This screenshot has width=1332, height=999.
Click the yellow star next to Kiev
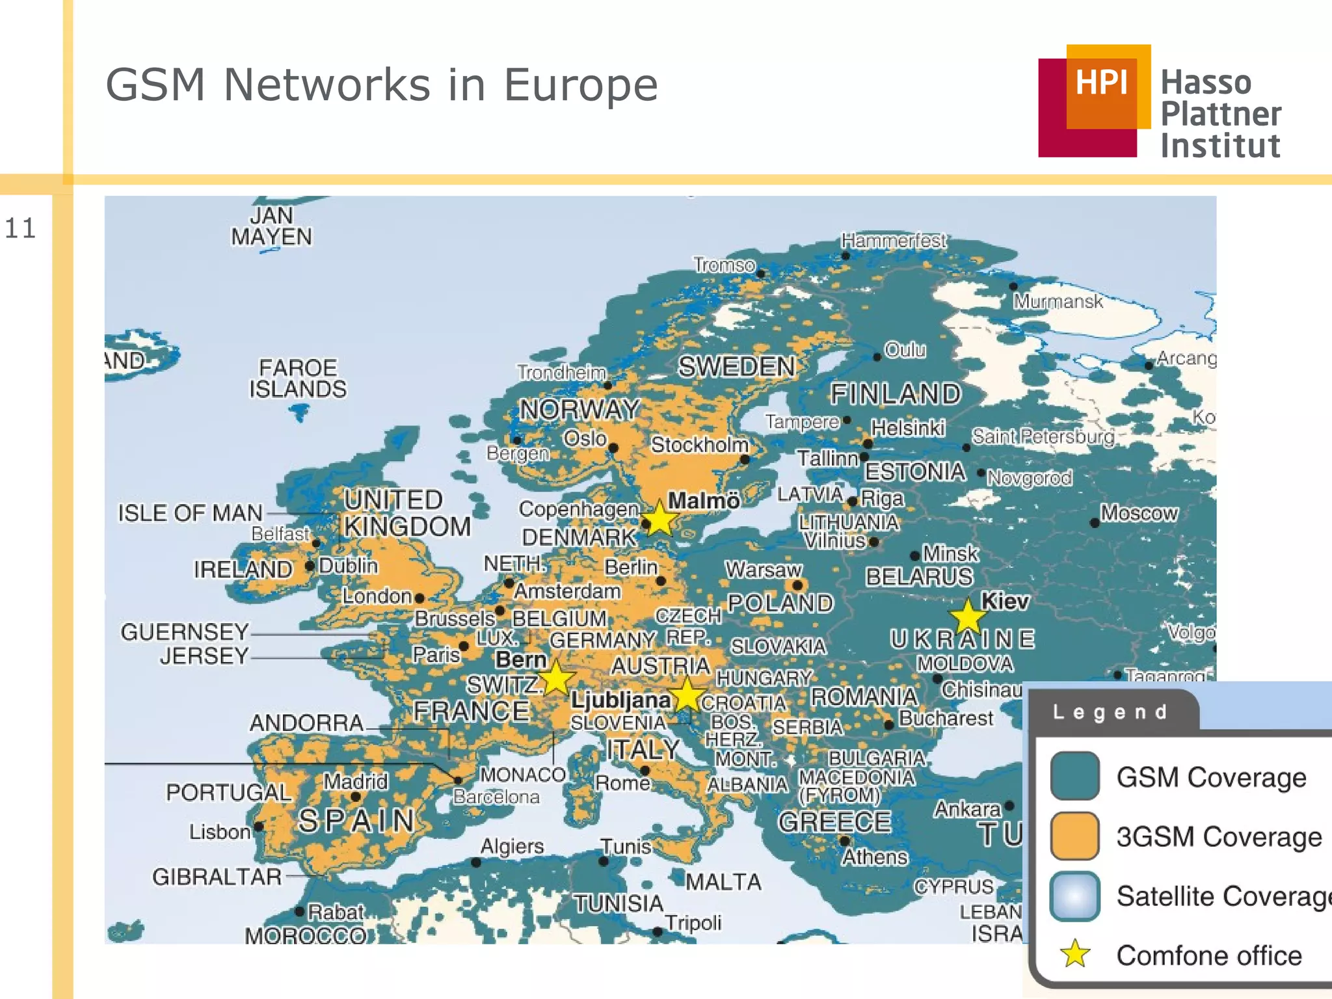pos(968,616)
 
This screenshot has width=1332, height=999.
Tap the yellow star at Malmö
pos(660,519)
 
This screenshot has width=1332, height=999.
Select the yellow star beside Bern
pos(557,678)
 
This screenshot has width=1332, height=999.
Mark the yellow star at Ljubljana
pos(687,695)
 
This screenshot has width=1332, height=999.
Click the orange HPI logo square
pos(1108,86)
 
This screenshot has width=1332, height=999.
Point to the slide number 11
pos(20,228)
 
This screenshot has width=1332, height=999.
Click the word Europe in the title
pos(580,85)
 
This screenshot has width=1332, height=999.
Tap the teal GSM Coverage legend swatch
pos(1074,776)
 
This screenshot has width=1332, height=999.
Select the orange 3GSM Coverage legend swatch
pos(1074,836)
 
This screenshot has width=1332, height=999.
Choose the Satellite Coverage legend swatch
pos(1074,896)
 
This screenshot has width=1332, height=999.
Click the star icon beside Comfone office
pos(1074,954)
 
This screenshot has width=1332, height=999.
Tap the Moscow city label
pos(1139,513)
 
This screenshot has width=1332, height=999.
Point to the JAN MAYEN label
pos(271,226)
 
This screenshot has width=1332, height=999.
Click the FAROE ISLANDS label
pos(298,378)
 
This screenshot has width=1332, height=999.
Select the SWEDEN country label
pos(736,367)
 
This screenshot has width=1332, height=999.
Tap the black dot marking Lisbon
pos(258,827)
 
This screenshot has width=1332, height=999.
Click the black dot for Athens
pos(844,841)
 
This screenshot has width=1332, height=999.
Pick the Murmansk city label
pos(1058,301)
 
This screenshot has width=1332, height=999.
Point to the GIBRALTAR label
pos(217,877)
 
